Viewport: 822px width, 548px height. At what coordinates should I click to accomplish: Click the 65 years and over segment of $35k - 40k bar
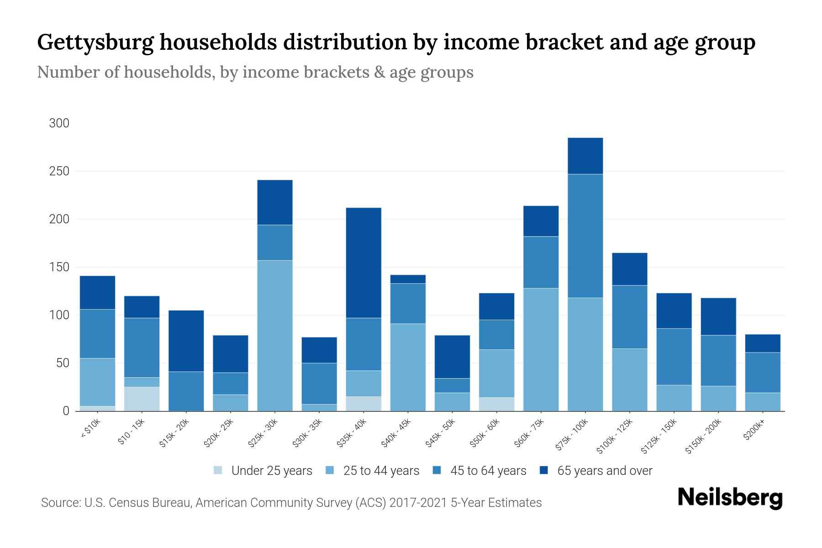[x=364, y=263]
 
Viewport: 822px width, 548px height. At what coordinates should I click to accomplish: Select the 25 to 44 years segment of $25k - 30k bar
[x=275, y=336]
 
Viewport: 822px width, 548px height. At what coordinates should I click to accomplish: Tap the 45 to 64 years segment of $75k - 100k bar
[x=585, y=236]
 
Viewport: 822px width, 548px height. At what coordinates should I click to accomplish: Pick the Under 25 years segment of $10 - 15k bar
[x=142, y=399]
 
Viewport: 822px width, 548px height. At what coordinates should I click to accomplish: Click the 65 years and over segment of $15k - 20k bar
[x=186, y=341]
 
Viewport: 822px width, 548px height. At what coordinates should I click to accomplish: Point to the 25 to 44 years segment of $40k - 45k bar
[x=408, y=367]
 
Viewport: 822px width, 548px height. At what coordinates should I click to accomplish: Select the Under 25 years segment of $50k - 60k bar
[x=496, y=404]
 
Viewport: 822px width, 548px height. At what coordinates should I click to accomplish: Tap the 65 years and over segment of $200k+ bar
[x=763, y=343]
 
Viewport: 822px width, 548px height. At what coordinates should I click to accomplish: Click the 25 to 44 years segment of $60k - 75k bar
[x=541, y=349]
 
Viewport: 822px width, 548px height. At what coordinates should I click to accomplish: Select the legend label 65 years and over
[x=604, y=471]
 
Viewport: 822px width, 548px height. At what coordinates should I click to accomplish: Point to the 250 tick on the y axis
[x=59, y=171]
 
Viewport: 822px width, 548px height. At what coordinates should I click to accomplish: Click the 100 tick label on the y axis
[x=59, y=315]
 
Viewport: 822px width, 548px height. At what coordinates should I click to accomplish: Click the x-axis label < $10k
[x=90, y=429]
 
